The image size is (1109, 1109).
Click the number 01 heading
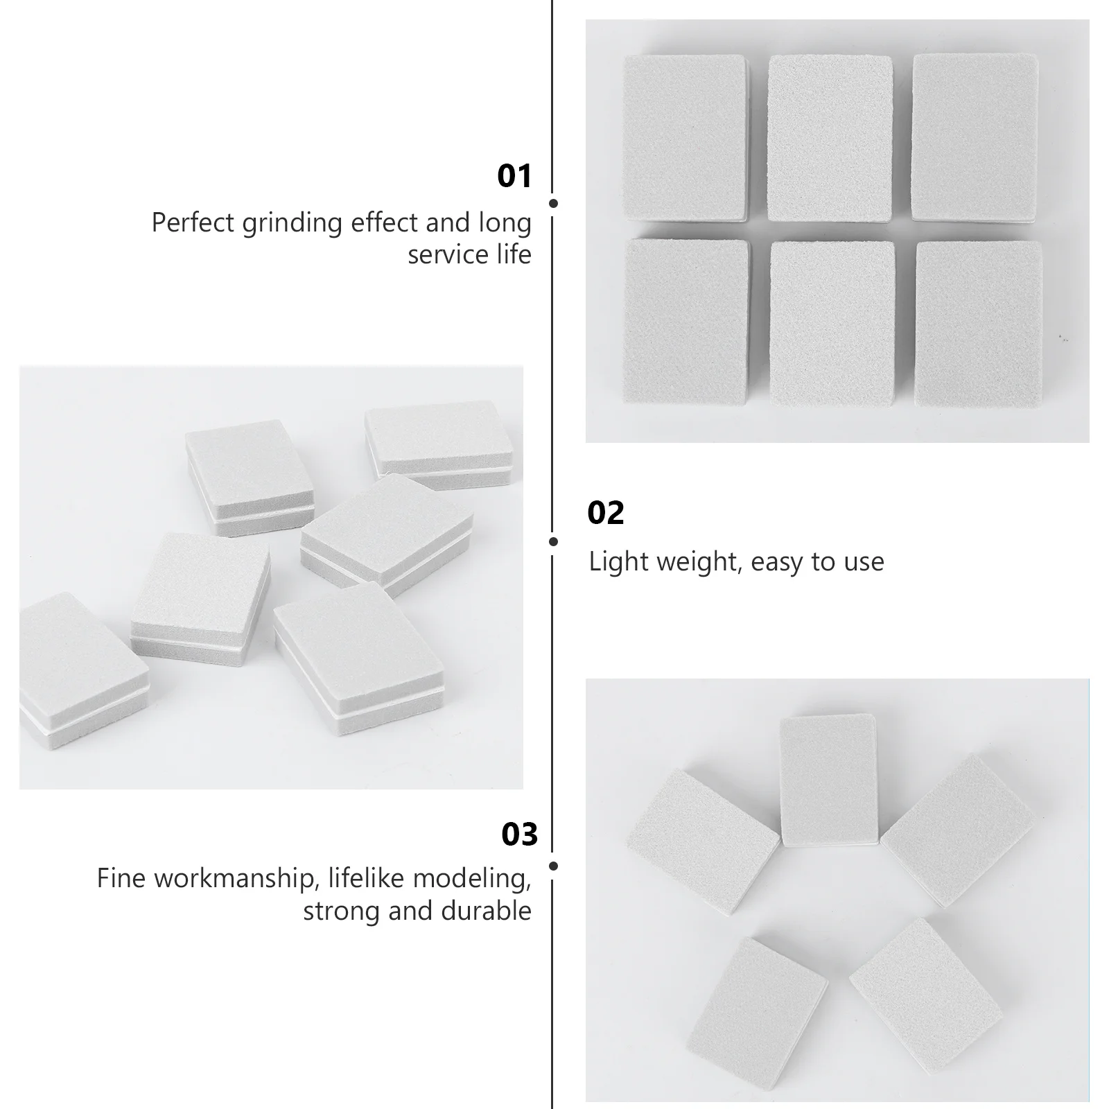[514, 176]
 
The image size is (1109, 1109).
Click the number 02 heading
[605, 513]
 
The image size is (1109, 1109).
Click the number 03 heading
[519, 835]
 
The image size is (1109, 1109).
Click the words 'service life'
[469, 255]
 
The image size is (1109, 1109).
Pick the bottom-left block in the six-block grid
[686, 320]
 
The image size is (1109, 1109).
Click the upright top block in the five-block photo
[828, 779]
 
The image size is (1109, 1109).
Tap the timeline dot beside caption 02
[553, 541]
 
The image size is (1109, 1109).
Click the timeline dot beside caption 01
[553, 203]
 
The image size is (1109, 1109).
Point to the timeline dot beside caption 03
[553, 866]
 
